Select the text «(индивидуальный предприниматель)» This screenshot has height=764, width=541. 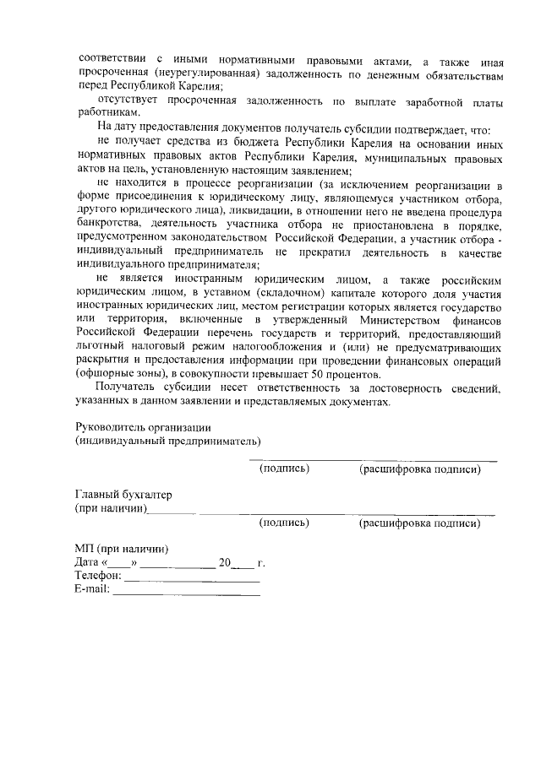(167, 442)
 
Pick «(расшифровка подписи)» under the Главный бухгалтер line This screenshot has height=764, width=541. (420, 523)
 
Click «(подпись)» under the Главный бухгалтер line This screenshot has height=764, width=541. (284, 523)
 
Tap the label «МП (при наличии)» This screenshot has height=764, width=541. (121, 550)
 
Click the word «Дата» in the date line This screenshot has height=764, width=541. (87, 563)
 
